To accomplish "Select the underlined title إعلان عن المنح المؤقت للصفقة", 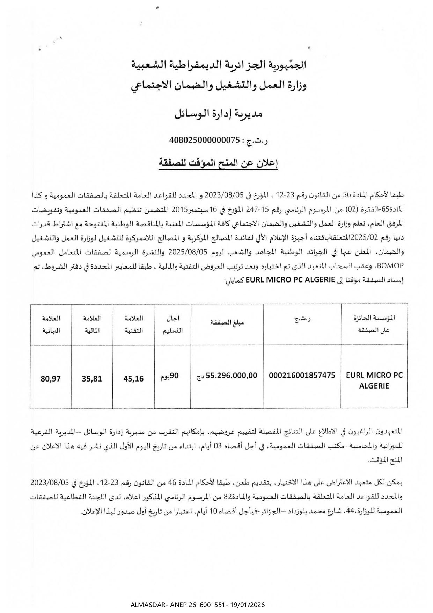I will click(218, 163).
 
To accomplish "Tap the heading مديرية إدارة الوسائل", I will click(218, 114).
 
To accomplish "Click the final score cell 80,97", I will click(51, 378).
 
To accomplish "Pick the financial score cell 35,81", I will click(92, 378).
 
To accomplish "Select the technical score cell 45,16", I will click(133, 378).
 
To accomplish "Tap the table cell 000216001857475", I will click(302, 376).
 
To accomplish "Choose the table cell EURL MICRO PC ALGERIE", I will click(374, 380).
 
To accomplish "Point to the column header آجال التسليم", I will click(173, 324).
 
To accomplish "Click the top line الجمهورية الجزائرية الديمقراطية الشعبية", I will click(218, 65).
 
